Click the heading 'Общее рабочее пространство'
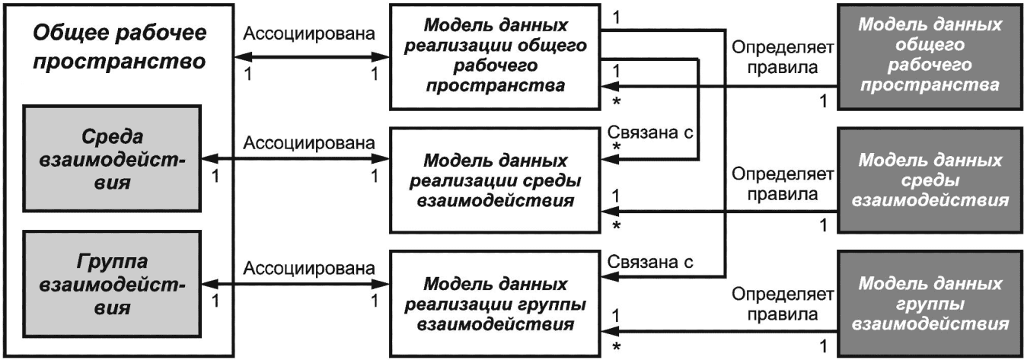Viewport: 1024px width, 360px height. (x=120, y=47)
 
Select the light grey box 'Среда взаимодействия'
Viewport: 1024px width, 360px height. (x=112, y=158)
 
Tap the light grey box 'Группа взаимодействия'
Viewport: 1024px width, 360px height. (x=112, y=284)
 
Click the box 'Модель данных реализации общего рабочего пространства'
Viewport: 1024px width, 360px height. (x=495, y=56)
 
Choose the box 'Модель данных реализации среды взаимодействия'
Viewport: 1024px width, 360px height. (x=495, y=180)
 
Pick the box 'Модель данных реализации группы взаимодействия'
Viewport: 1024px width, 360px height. (x=495, y=304)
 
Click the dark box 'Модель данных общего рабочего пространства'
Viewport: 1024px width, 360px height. (x=930, y=56)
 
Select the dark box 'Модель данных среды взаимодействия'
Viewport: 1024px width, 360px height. (x=930, y=180)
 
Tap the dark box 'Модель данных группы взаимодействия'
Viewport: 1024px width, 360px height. (x=930, y=304)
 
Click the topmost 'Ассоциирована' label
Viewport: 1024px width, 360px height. (x=309, y=33)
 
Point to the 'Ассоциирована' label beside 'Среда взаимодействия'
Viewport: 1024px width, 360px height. (x=309, y=143)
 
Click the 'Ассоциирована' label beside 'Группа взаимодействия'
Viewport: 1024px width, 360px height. (x=309, y=268)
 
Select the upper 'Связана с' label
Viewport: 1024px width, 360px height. (x=650, y=132)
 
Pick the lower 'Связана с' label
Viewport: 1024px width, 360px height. (x=650, y=262)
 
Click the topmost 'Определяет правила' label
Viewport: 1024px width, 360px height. (x=783, y=57)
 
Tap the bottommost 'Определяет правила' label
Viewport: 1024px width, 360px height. (x=783, y=304)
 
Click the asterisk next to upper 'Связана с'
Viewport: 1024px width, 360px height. (x=616, y=148)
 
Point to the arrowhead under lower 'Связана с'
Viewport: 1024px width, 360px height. (x=609, y=276)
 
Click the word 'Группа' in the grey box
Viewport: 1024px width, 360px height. (x=112, y=262)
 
